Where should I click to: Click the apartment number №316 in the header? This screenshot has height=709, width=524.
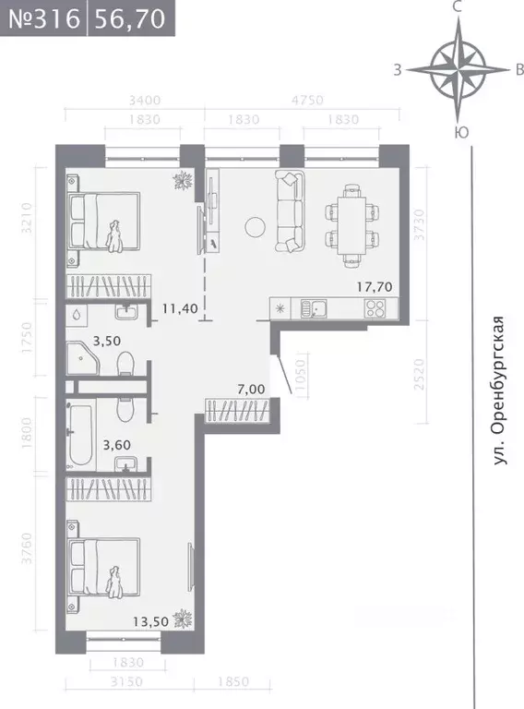pos(43,18)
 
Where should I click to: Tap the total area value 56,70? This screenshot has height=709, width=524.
pos(130,18)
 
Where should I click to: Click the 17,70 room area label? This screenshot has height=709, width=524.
pos(375,287)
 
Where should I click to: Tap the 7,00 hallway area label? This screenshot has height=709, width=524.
pos(249,390)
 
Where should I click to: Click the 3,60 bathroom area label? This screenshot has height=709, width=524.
pos(117,444)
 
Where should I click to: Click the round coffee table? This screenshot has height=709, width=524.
pos(255,225)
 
